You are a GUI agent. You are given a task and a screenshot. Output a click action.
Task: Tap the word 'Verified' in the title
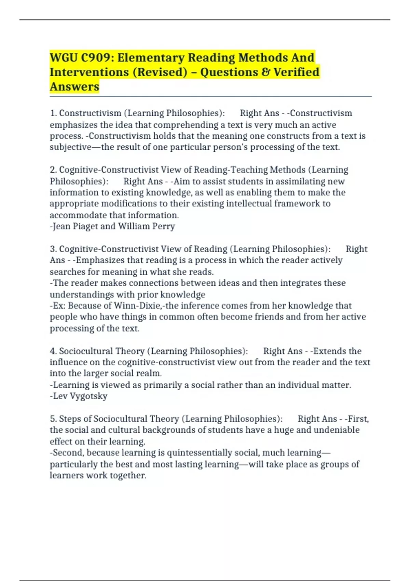tap(296, 72)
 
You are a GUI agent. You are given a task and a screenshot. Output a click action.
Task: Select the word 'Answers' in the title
tap(74, 87)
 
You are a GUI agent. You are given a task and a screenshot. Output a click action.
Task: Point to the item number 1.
tap(53, 113)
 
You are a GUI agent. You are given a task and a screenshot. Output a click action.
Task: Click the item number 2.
tap(53, 170)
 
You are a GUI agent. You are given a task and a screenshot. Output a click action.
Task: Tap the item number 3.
tap(53, 249)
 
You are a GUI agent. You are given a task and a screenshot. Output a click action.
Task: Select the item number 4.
tap(53, 351)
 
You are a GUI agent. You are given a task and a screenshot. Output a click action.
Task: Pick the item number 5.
tap(53, 419)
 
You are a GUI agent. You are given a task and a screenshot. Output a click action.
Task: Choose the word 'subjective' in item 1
tap(70, 147)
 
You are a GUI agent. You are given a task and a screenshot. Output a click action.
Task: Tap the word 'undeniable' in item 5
tap(336, 430)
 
